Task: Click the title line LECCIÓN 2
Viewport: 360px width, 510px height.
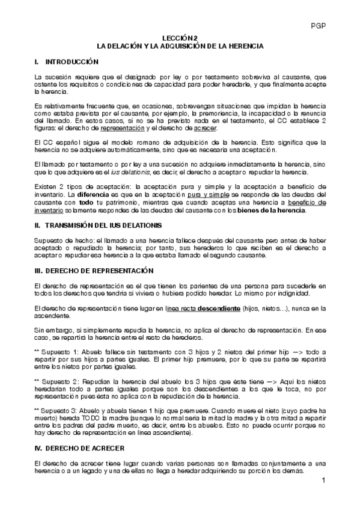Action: [x=180, y=37]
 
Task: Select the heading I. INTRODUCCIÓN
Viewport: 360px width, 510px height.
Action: [x=67, y=62]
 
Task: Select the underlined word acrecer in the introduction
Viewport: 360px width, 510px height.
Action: [x=206, y=128]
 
